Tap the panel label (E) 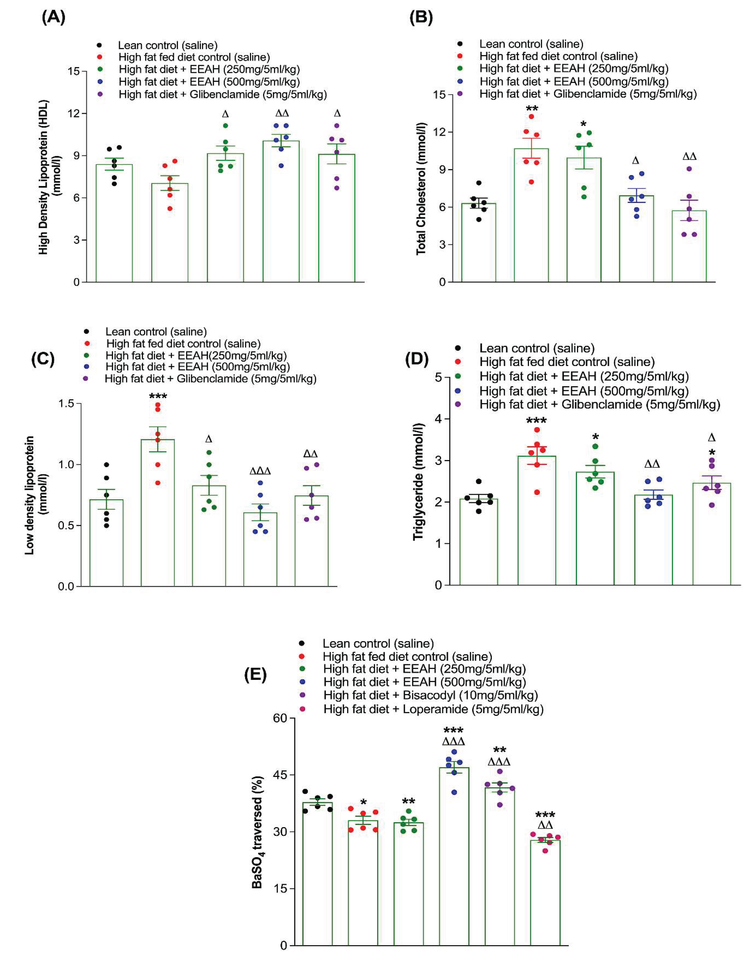click(x=255, y=674)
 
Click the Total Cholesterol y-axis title click(x=421, y=188)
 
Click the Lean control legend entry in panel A click(x=167, y=45)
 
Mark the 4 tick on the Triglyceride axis click(x=438, y=419)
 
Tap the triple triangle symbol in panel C click(x=260, y=471)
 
